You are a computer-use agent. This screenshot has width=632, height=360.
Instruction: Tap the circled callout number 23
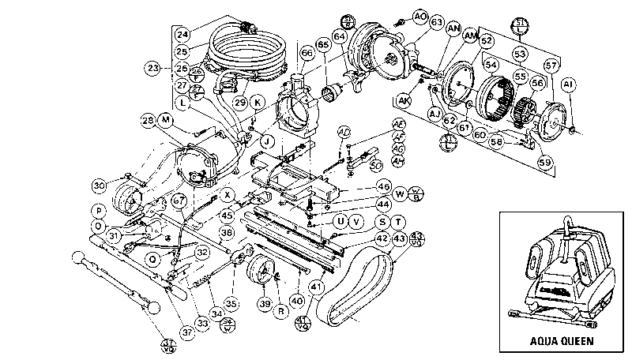pyautogui.click(x=153, y=68)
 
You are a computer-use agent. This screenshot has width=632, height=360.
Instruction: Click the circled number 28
pyautogui.click(x=147, y=120)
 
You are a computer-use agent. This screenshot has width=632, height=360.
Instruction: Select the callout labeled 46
pyautogui.click(x=384, y=186)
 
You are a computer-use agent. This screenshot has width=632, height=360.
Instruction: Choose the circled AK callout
pyautogui.click(x=404, y=100)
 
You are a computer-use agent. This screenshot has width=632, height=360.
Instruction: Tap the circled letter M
pyautogui.click(x=165, y=119)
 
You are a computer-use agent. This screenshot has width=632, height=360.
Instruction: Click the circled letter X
pyautogui.click(x=228, y=193)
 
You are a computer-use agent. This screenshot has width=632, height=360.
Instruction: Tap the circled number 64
pyautogui.click(x=340, y=36)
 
